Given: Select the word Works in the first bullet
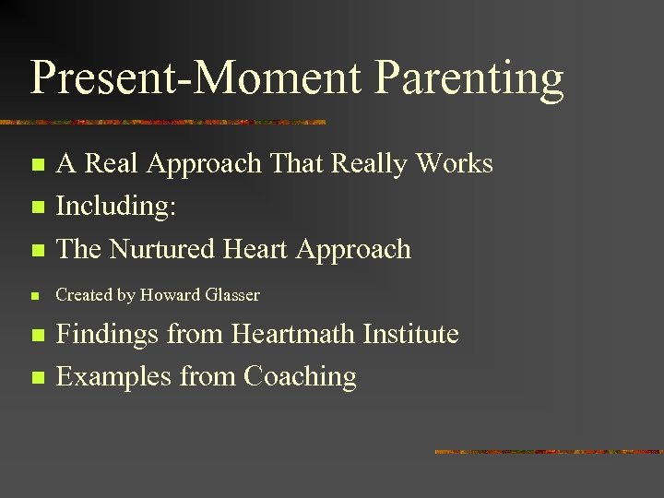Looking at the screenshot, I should pyautogui.click(x=454, y=163).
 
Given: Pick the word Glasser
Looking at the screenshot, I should pyautogui.click(x=231, y=295).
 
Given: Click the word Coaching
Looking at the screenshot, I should pyautogui.click(x=300, y=376).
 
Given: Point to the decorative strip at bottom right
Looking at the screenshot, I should pyautogui.click(x=548, y=452).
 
